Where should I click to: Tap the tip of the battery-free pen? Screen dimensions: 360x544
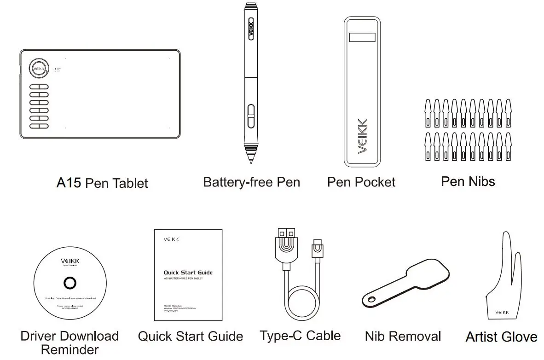(x=251, y=161)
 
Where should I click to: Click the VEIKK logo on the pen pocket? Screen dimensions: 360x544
(x=362, y=136)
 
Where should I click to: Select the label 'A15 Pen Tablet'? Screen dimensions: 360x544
(x=102, y=183)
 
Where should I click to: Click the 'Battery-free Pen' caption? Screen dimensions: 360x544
(x=251, y=182)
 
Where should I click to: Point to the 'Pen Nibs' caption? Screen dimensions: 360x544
(x=468, y=181)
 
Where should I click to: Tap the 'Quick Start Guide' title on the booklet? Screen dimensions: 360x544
(x=188, y=273)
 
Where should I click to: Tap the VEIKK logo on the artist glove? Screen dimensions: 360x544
(x=502, y=313)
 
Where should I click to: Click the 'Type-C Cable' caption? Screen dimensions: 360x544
(x=300, y=335)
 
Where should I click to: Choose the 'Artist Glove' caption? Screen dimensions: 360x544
(x=501, y=337)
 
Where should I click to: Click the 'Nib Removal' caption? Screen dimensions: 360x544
(x=403, y=336)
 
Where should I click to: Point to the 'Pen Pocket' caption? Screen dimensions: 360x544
(x=361, y=182)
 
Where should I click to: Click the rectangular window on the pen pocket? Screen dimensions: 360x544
(x=362, y=38)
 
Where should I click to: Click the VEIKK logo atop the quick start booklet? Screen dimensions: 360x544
(x=171, y=239)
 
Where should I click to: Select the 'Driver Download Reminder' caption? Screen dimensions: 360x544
(x=69, y=342)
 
